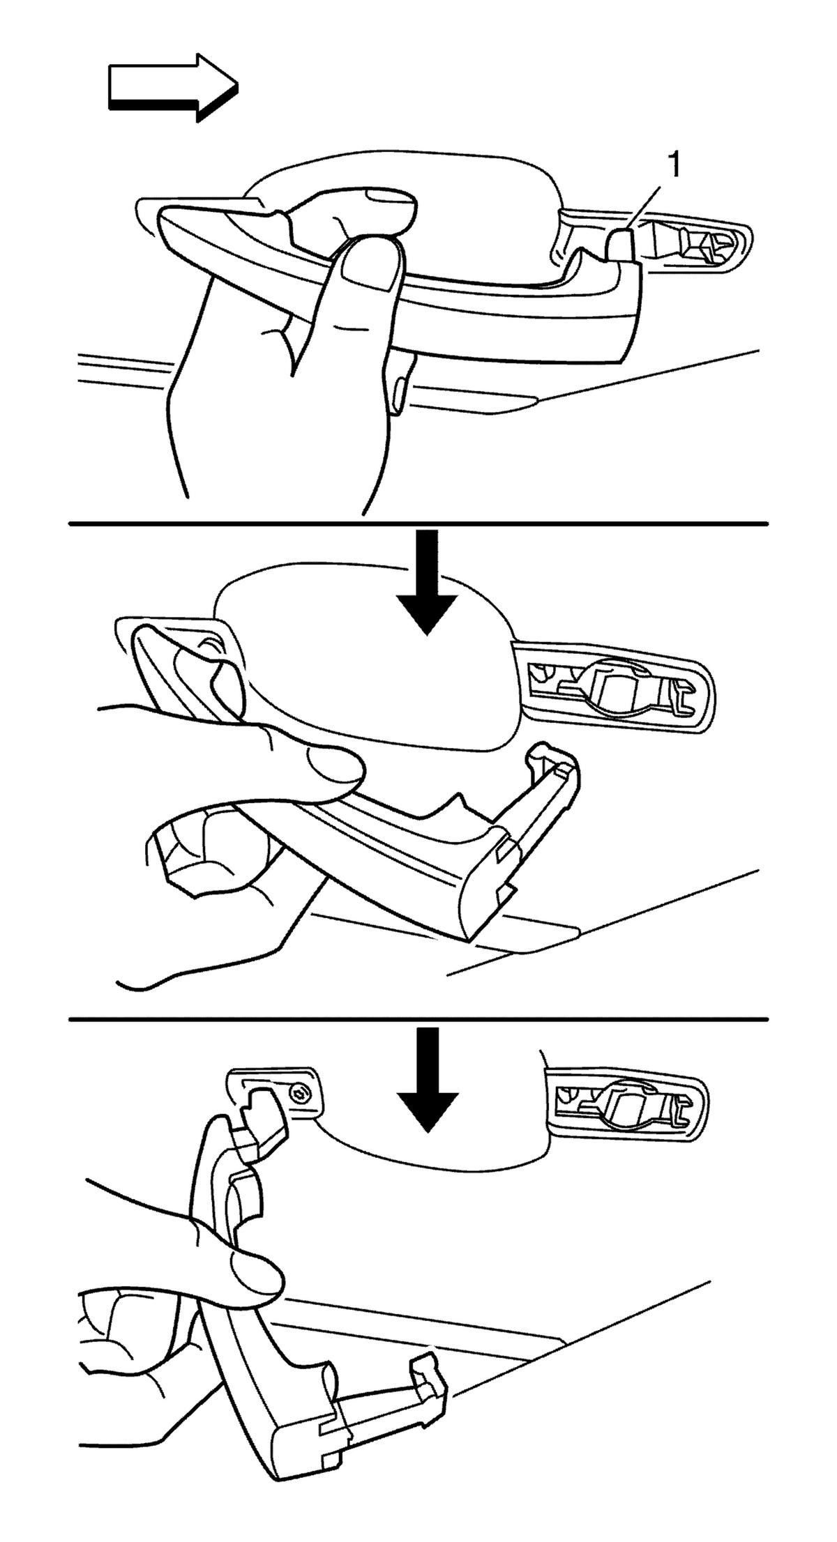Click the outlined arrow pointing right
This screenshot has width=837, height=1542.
click(x=173, y=87)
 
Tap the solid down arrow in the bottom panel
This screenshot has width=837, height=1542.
click(x=428, y=1079)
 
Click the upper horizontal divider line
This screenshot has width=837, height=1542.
click(x=418, y=523)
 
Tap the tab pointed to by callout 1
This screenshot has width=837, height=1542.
click(x=621, y=245)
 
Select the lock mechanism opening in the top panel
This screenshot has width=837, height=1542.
click(x=697, y=244)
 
